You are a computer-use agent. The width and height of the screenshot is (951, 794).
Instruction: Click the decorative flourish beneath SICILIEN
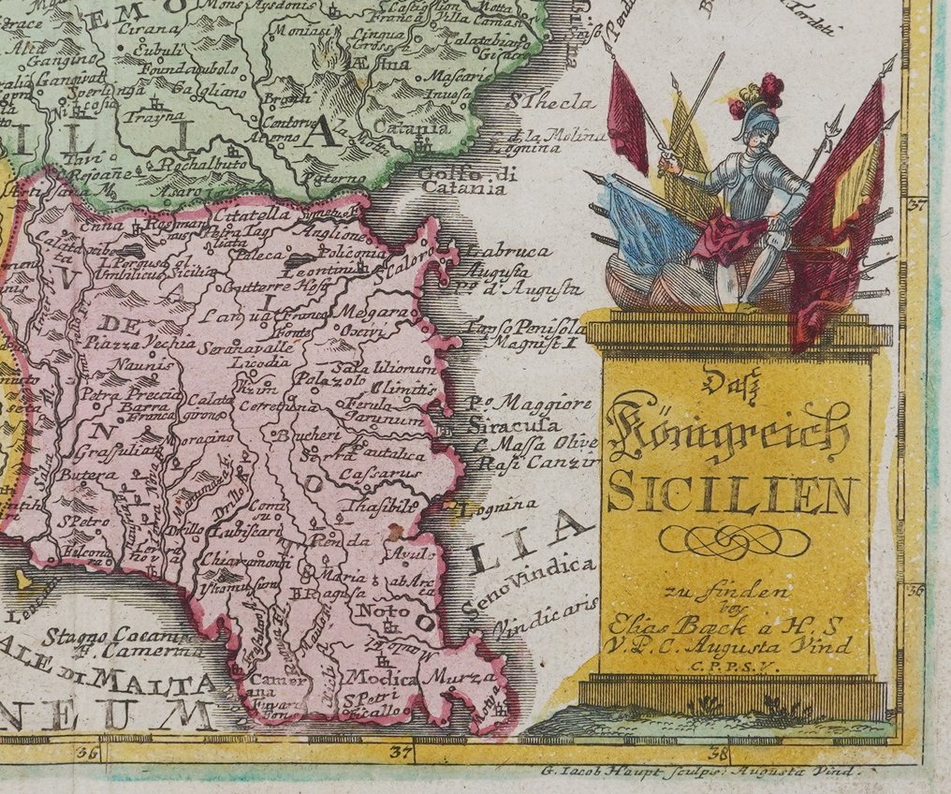[x=733, y=540]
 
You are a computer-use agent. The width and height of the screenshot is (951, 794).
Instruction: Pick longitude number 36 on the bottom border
[x=90, y=751]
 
